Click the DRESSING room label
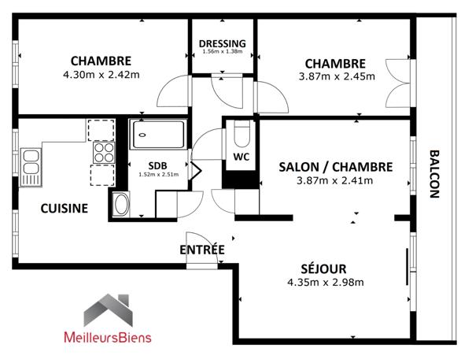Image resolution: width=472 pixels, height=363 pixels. point(223,43)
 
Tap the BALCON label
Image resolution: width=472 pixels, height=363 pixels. point(434,173)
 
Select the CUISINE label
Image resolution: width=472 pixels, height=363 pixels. point(65,209)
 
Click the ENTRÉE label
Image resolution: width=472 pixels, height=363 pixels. point(202,250)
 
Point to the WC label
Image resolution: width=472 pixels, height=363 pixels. point(241,157)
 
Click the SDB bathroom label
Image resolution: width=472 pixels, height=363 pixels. point(158,165)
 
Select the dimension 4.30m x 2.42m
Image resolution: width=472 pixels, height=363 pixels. point(101,76)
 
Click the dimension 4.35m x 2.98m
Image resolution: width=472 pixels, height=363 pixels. point(325,283)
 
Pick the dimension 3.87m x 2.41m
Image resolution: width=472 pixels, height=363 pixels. point(335,180)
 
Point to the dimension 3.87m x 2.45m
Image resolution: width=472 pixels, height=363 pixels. point(336,76)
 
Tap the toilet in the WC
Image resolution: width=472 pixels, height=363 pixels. point(241,135)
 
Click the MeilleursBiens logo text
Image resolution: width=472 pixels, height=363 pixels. point(108,338)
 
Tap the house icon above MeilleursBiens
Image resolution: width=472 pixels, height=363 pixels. point(108,309)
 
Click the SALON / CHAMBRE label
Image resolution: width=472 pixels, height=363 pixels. point(336,166)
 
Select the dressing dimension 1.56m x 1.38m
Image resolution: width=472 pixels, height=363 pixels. point(223,52)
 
